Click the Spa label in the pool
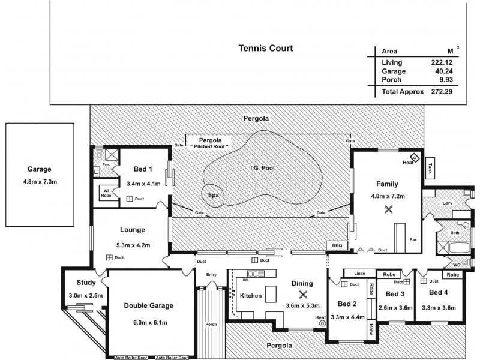213,195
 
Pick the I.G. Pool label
262,168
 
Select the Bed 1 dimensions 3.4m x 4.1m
143,184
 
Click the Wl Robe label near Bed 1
106,193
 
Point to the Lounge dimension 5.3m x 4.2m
133,245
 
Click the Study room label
86,283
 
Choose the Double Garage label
148,305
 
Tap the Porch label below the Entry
211,325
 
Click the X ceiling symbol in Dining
303,295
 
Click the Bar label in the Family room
412,239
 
